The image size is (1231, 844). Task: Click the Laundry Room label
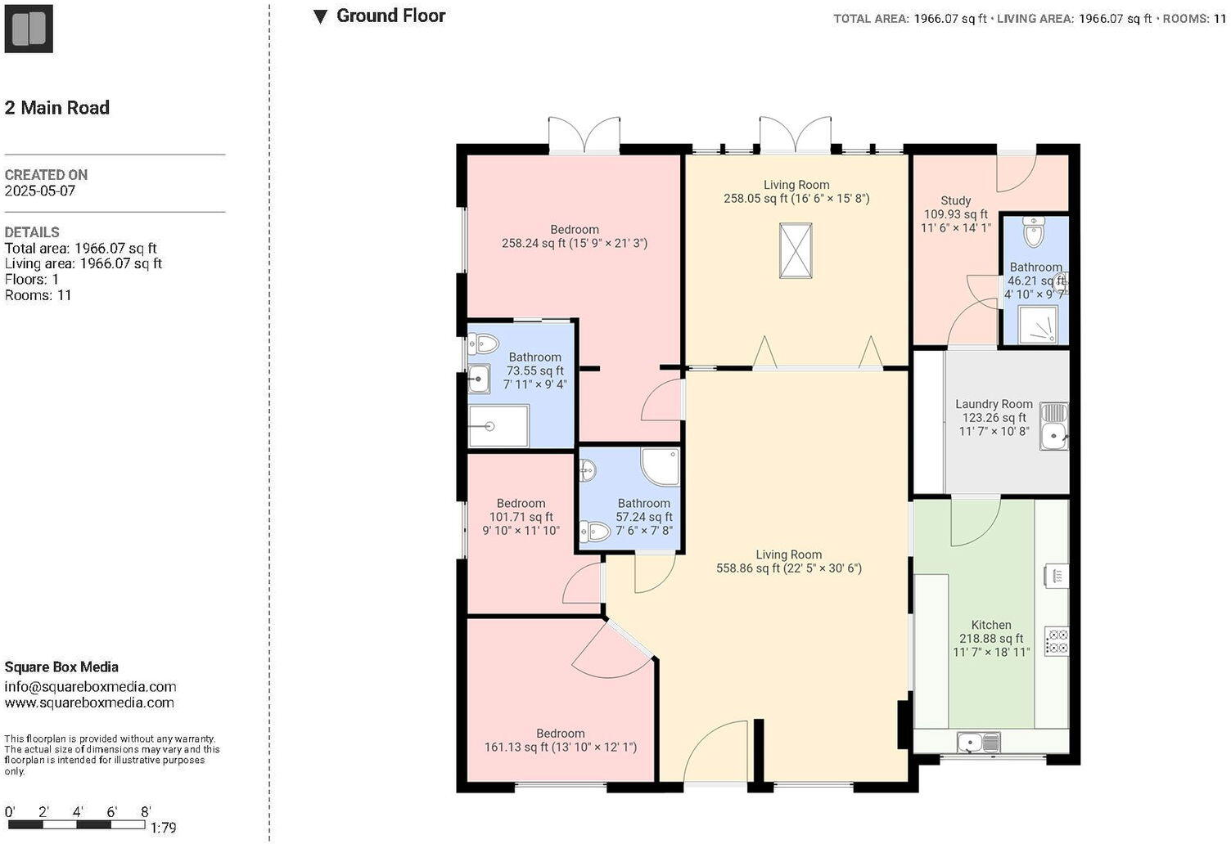point(994,404)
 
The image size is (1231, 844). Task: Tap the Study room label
point(955,200)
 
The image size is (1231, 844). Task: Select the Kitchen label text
point(991,625)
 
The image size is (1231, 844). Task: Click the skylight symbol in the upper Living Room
point(796,250)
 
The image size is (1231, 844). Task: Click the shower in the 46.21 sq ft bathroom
point(1036,325)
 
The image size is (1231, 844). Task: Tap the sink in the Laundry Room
point(1053,426)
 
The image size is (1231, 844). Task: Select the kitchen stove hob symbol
point(1056,640)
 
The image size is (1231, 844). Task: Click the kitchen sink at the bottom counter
point(977,743)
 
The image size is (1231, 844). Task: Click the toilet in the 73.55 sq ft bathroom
point(484,343)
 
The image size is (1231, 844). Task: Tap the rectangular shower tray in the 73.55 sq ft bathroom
point(498,426)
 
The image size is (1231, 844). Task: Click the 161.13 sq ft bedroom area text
point(561,747)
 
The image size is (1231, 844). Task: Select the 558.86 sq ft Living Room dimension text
point(789,568)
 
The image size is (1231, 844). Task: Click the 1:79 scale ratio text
point(163,828)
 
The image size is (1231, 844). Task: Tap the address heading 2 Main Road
point(57,107)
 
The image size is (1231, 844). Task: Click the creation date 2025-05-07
point(39,191)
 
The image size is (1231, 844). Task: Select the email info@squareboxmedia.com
point(90,687)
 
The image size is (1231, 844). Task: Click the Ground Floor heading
point(390,16)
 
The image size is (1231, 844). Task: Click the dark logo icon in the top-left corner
point(29,29)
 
